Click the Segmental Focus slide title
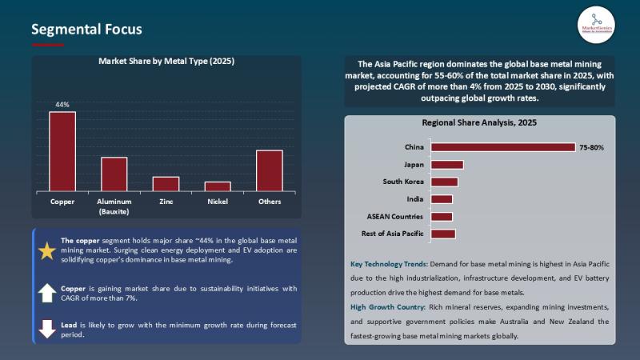coord(86,30)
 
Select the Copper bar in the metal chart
coord(62,152)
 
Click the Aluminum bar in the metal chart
coord(114,174)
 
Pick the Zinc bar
coord(166,184)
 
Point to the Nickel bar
coord(218,186)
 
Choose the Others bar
coord(270,171)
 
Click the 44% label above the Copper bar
coord(62,105)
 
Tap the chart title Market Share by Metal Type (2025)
coord(166,61)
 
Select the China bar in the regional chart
coord(502,147)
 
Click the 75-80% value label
coord(591,148)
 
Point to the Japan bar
coord(446,165)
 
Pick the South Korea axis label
coord(404,182)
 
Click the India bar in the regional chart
coord(442,199)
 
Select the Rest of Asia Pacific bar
coord(442,234)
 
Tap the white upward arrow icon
coord(47,293)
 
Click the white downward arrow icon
coord(47,328)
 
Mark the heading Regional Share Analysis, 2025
coord(479,123)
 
